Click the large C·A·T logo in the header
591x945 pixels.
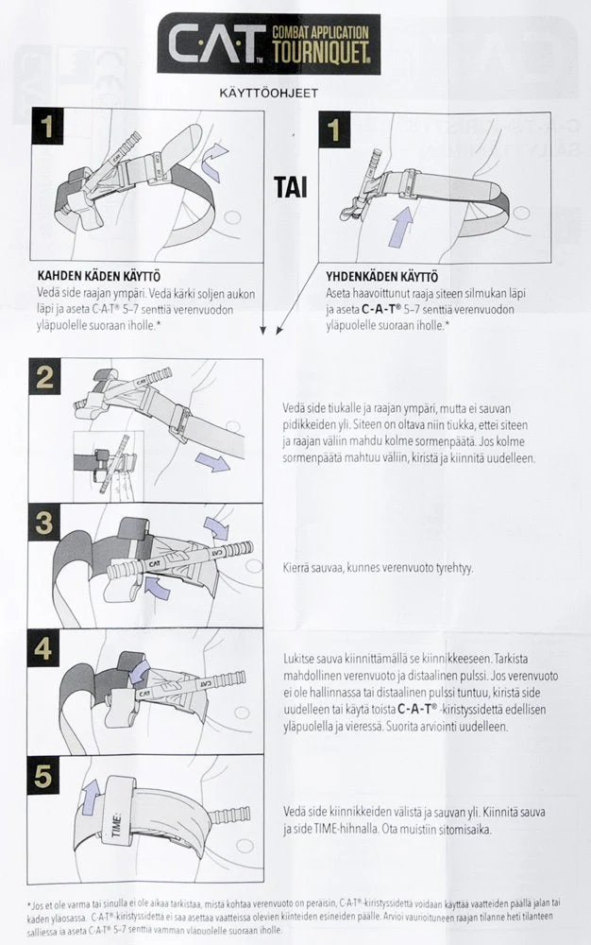pos(216,43)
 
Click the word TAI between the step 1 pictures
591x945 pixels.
pos(290,187)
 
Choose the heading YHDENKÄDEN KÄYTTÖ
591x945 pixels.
pos(381,277)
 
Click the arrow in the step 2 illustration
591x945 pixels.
pos(212,463)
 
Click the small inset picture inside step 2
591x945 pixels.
pos(106,463)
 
